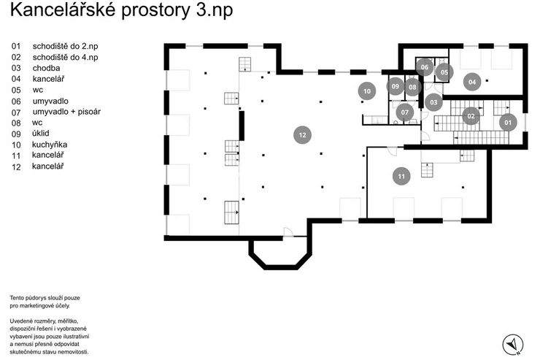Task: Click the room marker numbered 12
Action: [302, 135]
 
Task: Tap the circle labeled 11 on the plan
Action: [401, 177]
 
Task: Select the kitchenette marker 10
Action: [367, 91]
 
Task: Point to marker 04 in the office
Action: [472, 82]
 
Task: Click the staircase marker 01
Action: [508, 123]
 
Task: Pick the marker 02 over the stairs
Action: [471, 116]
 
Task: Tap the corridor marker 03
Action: [433, 102]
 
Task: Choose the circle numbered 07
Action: [405, 112]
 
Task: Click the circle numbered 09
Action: [395, 86]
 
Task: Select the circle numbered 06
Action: [424, 67]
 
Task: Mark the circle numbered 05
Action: [444, 72]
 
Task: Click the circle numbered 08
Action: [412, 87]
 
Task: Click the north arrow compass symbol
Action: [513, 345]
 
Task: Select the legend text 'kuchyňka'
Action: [50, 145]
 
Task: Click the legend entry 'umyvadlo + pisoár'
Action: [67, 112]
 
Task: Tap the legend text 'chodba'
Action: [47, 68]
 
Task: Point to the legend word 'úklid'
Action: [41, 134]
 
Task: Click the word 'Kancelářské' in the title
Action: [63, 9]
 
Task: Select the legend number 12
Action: [16, 167]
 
